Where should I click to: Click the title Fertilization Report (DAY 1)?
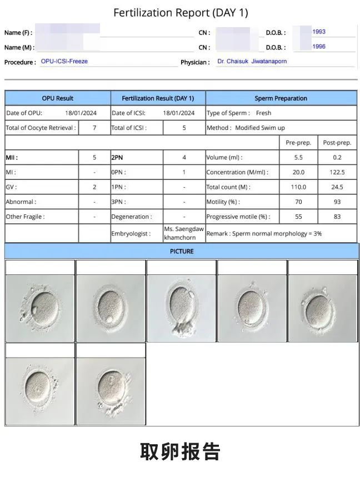[181, 12]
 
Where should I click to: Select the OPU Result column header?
[58, 98]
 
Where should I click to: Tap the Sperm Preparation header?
[281, 98]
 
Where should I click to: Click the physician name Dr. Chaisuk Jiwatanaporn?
[252, 62]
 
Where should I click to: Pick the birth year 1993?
[319, 32]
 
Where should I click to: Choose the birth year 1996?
[319, 47]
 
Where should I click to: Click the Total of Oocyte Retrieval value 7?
[94, 128]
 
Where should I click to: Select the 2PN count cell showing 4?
[184, 158]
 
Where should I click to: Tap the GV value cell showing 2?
[94, 187]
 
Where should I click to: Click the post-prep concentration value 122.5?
[337, 172]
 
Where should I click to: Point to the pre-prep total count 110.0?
[298, 187]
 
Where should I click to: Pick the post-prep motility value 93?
[337, 202]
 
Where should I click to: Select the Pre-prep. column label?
[298, 143]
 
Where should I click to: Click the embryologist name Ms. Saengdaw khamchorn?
[184, 234]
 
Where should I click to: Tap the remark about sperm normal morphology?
[264, 234]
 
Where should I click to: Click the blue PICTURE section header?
[182, 252]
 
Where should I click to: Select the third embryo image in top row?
[181, 308]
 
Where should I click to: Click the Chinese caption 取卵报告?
[180, 451]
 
